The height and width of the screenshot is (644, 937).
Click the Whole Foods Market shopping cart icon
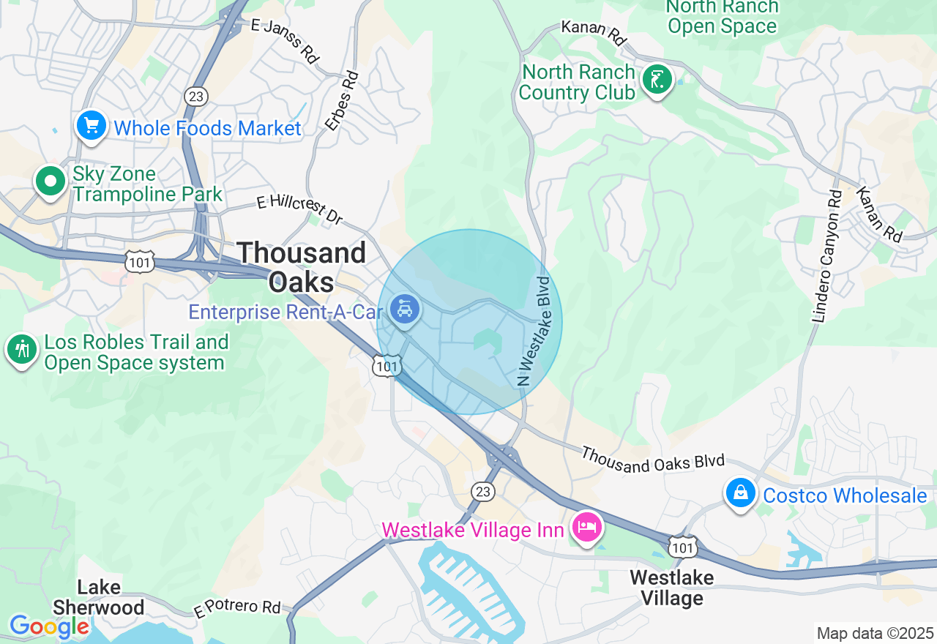coord(92,127)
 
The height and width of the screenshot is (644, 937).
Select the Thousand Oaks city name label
coord(302,267)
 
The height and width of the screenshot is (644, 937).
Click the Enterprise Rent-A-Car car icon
coord(404,310)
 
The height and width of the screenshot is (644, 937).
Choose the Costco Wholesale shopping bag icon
coord(741,494)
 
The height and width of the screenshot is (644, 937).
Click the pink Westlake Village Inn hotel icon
coord(587,528)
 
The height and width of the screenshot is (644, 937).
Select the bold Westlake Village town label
coord(671,588)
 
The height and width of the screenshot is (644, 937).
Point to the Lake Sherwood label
coord(98,597)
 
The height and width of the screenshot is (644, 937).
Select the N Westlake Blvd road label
coord(534,330)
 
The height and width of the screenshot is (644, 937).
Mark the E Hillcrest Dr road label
coord(300,209)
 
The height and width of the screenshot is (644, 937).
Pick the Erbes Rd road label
coord(343,100)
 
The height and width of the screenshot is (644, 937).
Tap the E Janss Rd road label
coord(285,40)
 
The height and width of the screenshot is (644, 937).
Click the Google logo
coord(48,626)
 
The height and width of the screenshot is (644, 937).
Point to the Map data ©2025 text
coord(875,633)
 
